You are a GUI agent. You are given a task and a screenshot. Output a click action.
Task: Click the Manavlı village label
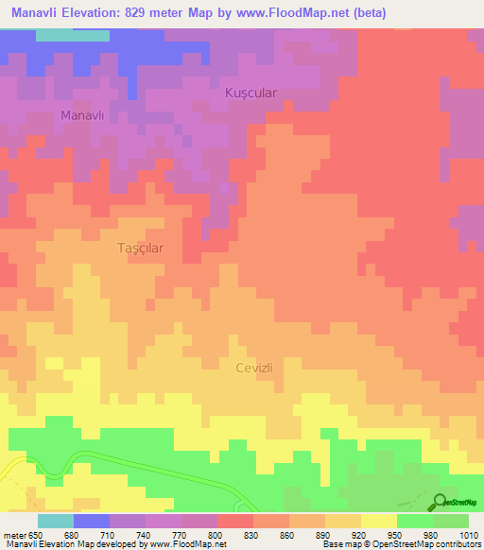tap(80, 115)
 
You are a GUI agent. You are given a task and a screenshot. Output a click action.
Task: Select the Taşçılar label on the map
tap(140, 248)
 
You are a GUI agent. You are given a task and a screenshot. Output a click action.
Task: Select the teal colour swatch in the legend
tap(55, 521)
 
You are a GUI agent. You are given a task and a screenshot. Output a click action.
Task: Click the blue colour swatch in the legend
tap(91, 521)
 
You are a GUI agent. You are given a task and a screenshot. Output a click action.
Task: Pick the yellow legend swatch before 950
tap(378, 521)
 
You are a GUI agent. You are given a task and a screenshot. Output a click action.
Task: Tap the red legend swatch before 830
tap(234, 521)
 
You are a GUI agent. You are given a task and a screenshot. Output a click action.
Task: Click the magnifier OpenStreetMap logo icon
tap(441, 502)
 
